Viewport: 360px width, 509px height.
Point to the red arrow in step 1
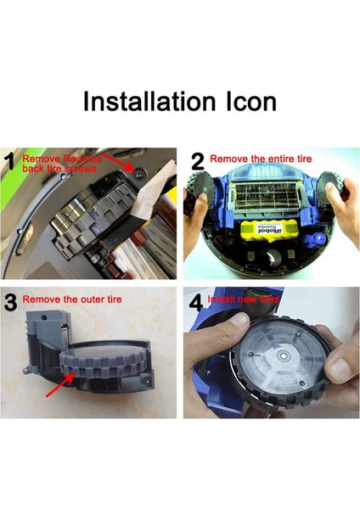click(119, 160)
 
